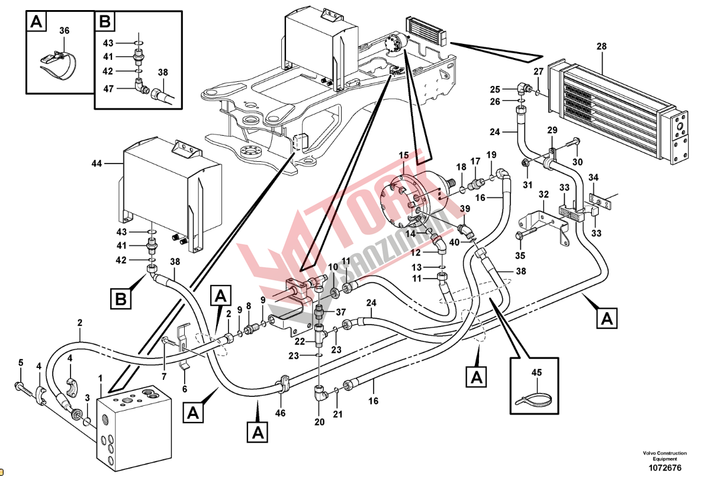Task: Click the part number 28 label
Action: pyautogui.click(x=601, y=46)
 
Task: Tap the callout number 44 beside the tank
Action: pyautogui.click(x=97, y=164)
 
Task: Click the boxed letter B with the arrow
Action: pyautogui.click(x=121, y=299)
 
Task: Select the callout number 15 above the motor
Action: pyautogui.click(x=404, y=155)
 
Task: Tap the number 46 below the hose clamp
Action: pyautogui.click(x=280, y=413)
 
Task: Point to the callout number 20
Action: pyautogui.click(x=319, y=422)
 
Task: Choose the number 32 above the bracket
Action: pyautogui.click(x=544, y=194)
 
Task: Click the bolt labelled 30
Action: pyautogui.click(x=570, y=143)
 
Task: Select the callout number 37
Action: pyautogui.click(x=341, y=312)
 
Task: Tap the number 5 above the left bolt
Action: pyautogui.click(x=20, y=363)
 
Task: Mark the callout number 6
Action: pyautogui.click(x=185, y=389)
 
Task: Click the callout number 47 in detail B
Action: pyautogui.click(x=108, y=88)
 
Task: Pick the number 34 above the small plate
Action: pyautogui.click(x=593, y=177)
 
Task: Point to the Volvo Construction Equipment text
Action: pyautogui.click(x=664, y=456)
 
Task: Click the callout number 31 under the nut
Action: pyautogui.click(x=528, y=185)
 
